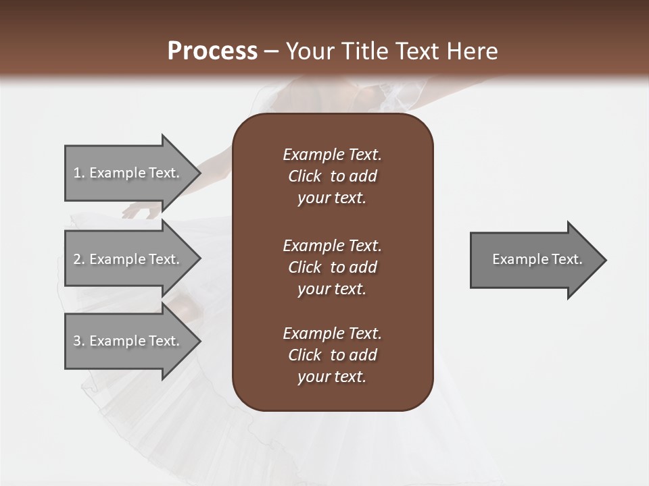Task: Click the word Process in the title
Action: point(212,51)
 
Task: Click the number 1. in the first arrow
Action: point(79,173)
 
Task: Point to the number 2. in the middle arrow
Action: point(79,259)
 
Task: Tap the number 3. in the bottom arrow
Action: point(79,341)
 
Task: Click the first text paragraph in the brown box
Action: point(332,176)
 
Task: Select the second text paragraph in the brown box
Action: point(332,267)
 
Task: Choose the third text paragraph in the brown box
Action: point(332,355)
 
